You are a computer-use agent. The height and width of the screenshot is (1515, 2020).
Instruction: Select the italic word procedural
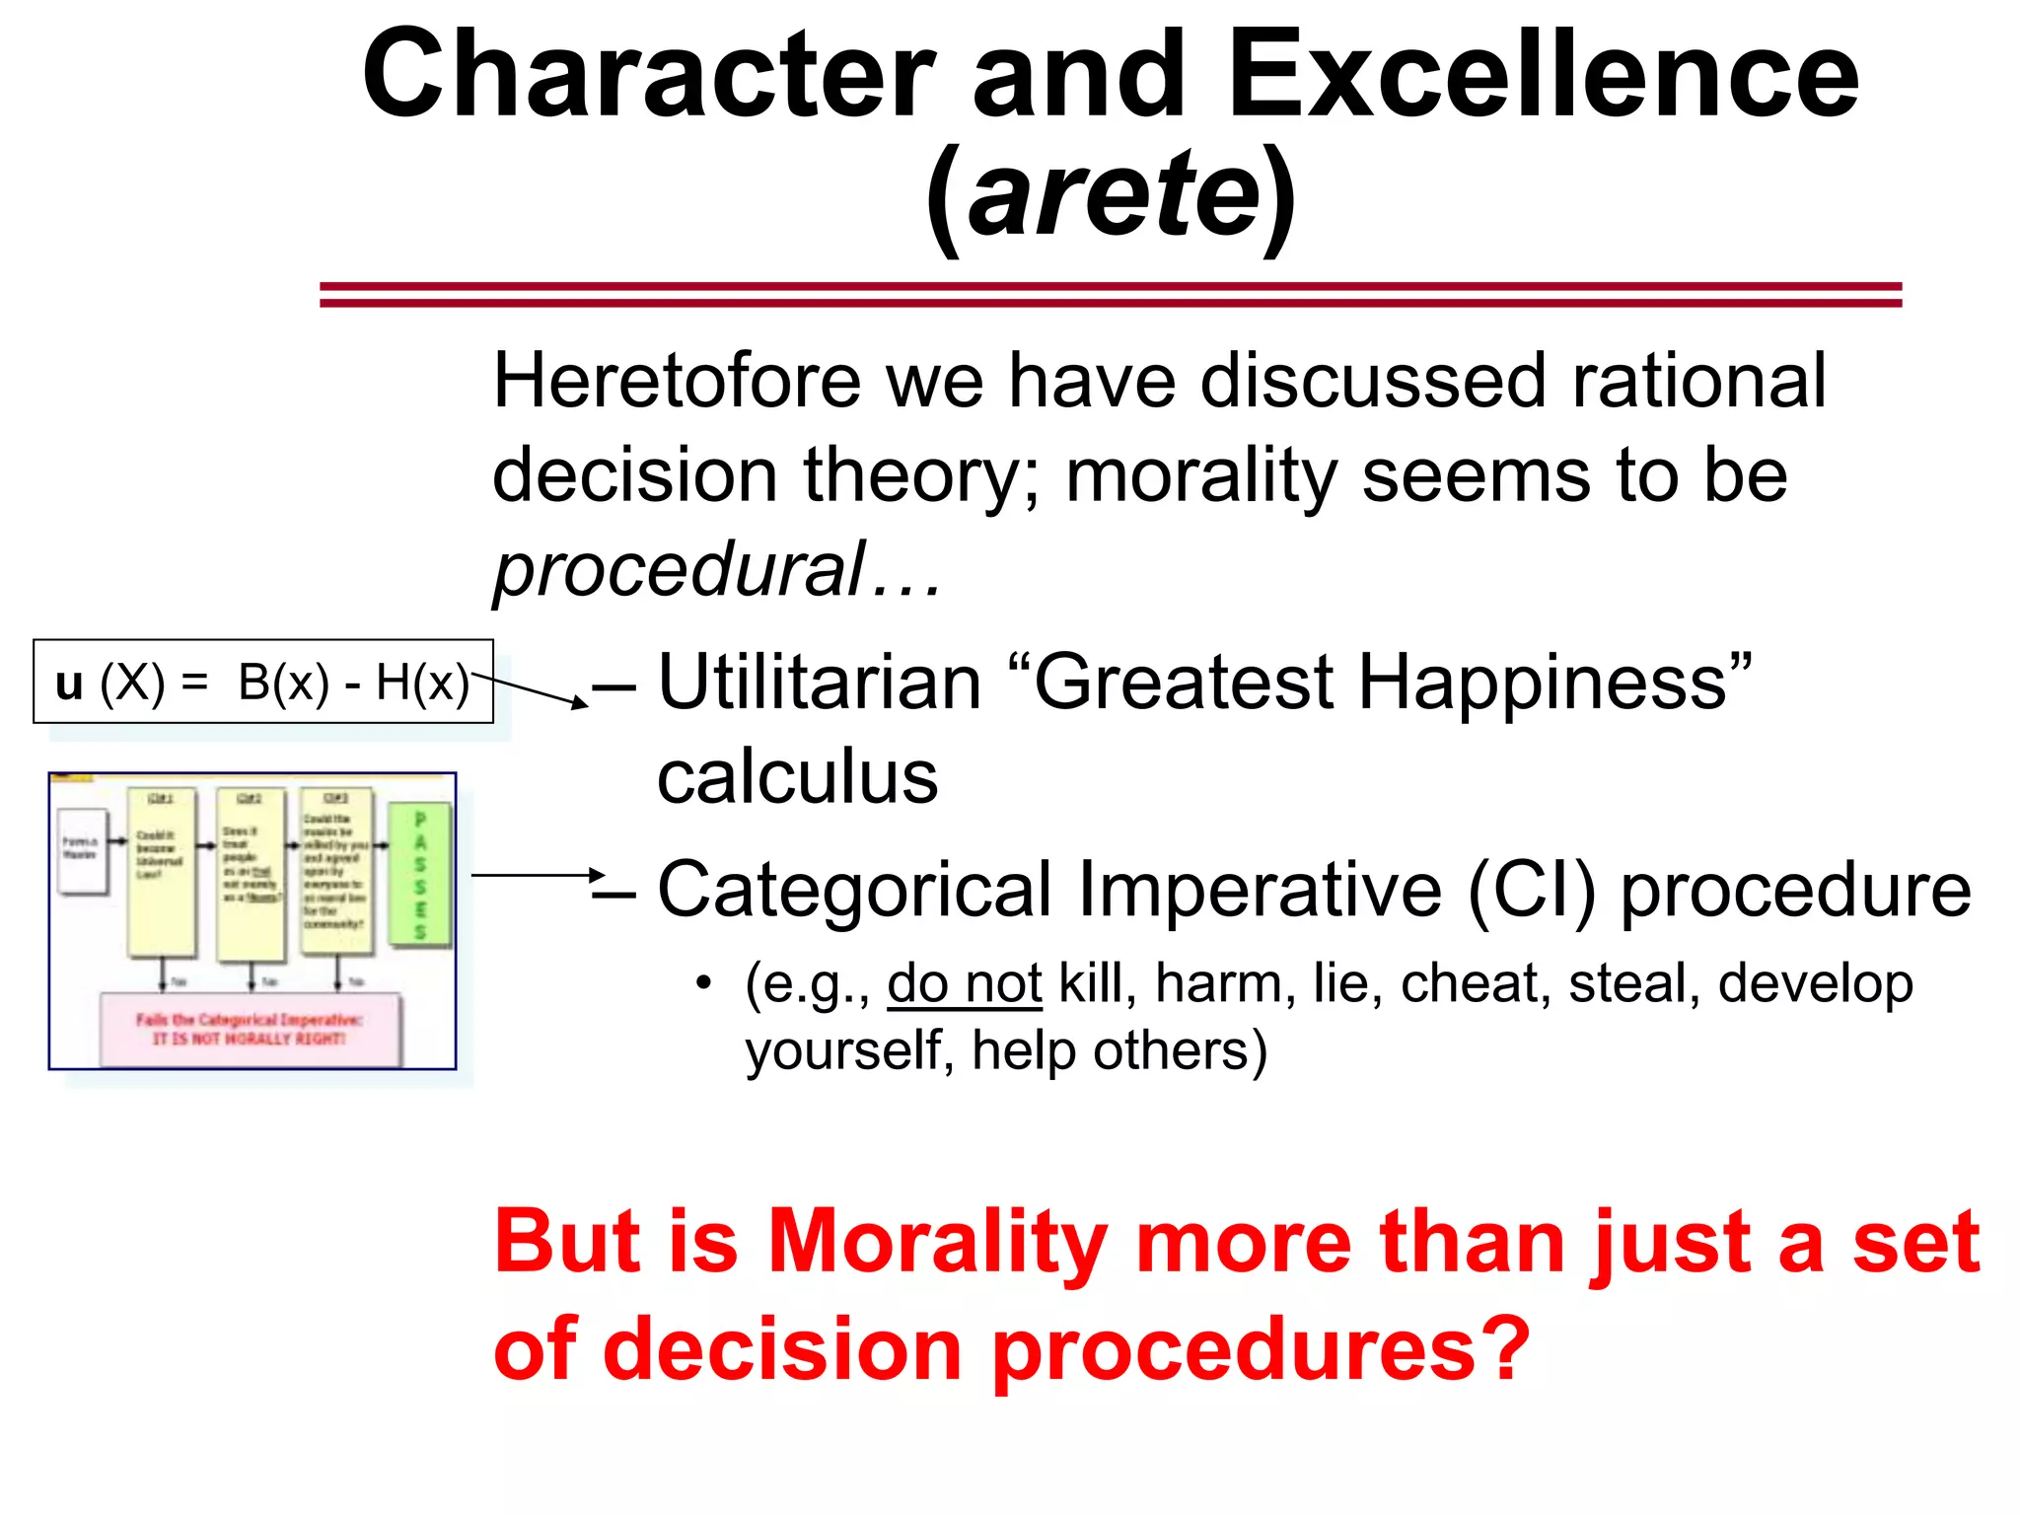679,570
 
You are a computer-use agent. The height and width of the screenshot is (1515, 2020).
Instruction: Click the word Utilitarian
819,683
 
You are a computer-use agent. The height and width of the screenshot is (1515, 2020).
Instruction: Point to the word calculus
797,777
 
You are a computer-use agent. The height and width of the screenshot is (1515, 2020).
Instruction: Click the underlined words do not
964,984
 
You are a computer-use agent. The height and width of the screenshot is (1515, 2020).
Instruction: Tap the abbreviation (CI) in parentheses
1531,890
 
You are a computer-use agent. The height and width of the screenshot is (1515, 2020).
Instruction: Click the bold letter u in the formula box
68,683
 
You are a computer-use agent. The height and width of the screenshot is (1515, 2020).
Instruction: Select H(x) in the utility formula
422,683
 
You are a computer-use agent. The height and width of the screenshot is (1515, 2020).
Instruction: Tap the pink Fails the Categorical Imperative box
251,1029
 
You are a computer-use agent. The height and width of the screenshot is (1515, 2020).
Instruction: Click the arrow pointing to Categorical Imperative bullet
538,875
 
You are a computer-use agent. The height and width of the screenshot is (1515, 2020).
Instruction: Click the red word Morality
937,1243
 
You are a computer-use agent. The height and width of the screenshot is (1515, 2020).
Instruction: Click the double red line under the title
1110,294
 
